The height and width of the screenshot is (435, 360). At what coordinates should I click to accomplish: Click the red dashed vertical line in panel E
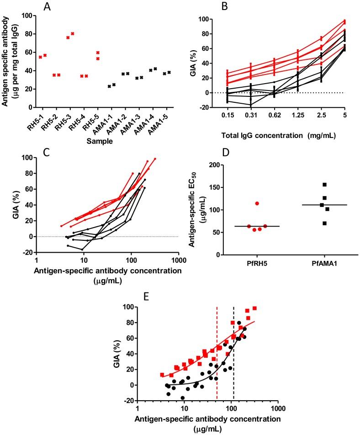[217, 347]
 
